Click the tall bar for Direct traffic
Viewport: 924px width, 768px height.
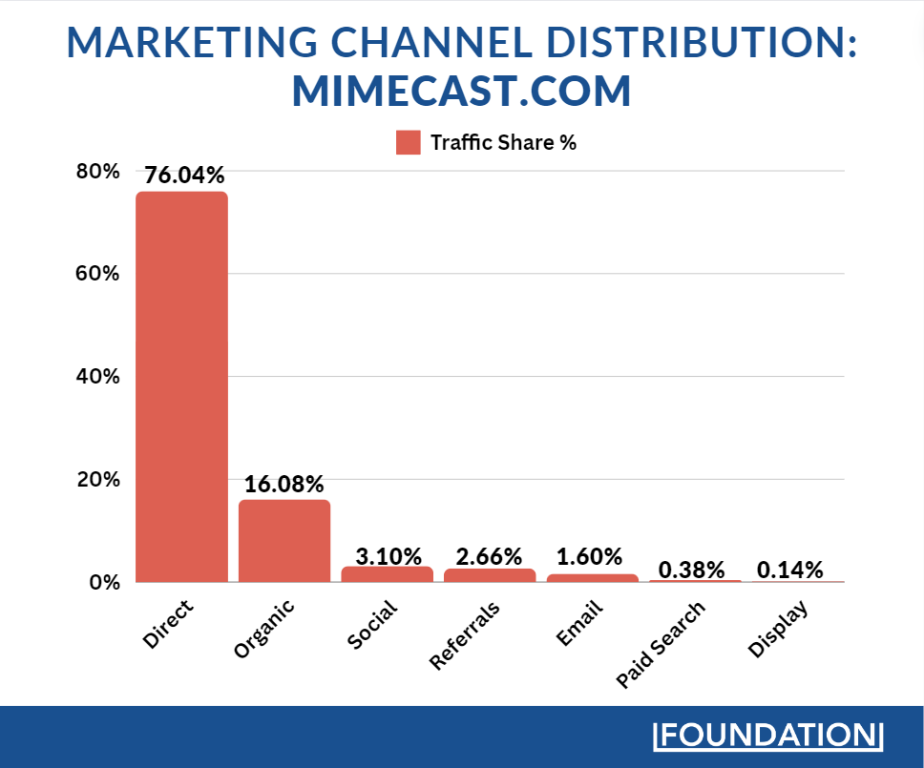(181, 386)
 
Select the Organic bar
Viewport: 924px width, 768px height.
(284, 541)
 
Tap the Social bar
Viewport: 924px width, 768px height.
(387, 574)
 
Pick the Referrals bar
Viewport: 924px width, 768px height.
(490, 575)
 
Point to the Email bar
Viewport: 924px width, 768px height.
(592, 577)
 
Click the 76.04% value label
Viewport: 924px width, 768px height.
(184, 176)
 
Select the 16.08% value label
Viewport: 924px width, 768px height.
(284, 484)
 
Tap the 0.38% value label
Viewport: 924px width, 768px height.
(695, 570)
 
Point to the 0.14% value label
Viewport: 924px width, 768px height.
(789, 570)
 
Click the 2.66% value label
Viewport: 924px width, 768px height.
(490, 555)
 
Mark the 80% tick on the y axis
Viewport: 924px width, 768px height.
(99, 172)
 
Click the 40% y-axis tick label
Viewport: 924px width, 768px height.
(99, 377)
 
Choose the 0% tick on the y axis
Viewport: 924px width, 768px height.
(104, 582)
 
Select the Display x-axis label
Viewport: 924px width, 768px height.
(778, 631)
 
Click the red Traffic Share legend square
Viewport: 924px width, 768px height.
(409, 143)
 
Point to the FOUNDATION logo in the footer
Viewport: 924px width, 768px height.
(768, 736)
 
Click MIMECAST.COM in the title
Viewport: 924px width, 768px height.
(462, 92)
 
